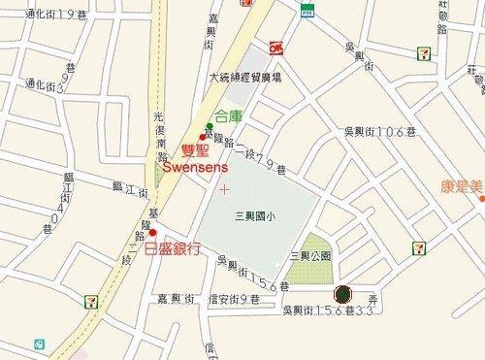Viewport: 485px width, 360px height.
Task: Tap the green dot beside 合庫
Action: point(209,127)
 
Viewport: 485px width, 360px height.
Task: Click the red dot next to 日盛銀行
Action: point(152,233)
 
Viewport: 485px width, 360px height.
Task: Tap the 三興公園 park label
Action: point(310,256)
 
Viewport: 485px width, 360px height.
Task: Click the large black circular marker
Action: point(341,292)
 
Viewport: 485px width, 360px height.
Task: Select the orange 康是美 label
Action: point(460,184)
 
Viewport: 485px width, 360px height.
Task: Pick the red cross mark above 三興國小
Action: point(224,186)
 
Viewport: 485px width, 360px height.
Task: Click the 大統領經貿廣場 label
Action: point(245,77)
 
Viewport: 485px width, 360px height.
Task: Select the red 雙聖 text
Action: point(196,150)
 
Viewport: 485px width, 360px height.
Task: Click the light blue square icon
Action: point(39,344)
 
